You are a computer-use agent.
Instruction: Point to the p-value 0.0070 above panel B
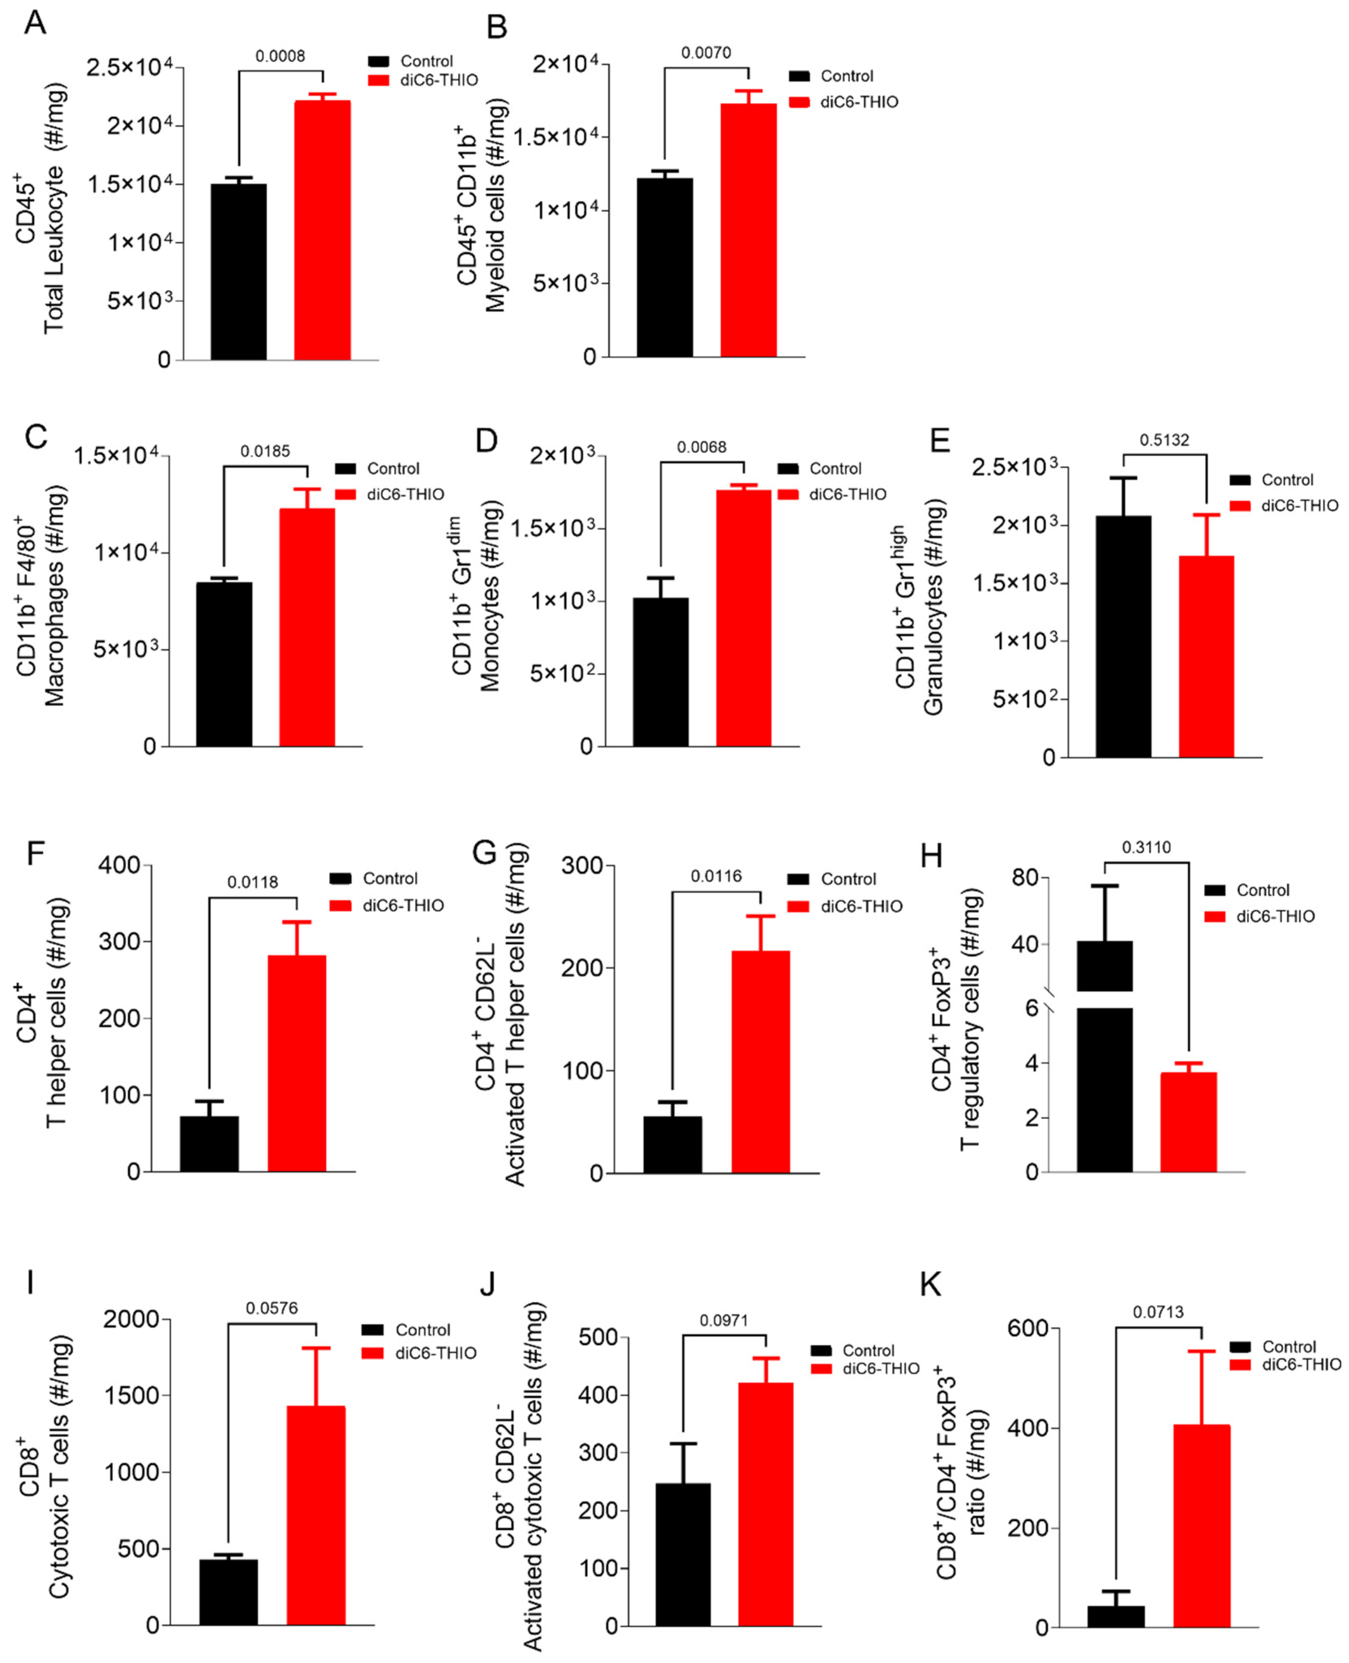[x=706, y=53]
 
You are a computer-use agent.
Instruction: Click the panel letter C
[x=36, y=437]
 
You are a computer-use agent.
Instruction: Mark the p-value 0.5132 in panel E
[x=1164, y=440]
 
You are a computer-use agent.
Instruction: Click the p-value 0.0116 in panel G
[x=716, y=876]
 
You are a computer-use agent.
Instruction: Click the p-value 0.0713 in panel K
[x=1158, y=1312]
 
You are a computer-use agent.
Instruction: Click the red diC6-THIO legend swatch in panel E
[x=1240, y=506]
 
